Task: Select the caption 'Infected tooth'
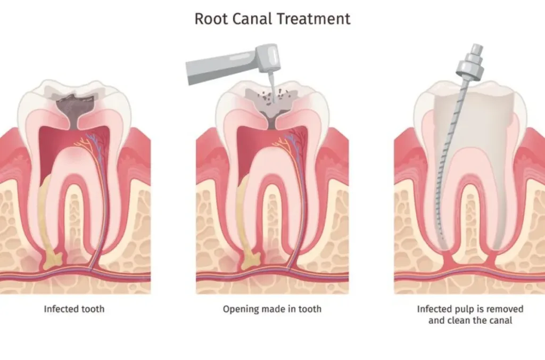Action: coord(74,309)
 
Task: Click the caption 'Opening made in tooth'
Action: coord(272,309)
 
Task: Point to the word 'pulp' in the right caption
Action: coord(464,309)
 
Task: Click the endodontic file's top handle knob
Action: coord(470,58)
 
